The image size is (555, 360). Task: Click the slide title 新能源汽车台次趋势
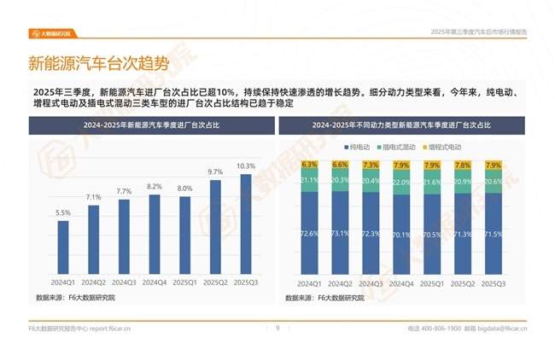(98, 64)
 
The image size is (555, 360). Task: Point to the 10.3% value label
(246, 166)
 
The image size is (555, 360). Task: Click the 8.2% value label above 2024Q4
(155, 186)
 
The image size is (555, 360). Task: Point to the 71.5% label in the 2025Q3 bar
(494, 234)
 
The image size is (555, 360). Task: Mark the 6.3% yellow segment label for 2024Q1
(309, 164)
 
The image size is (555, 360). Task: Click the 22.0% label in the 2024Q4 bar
(401, 183)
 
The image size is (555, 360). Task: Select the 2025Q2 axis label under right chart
(463, 282)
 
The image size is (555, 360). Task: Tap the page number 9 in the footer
(277, 328)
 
